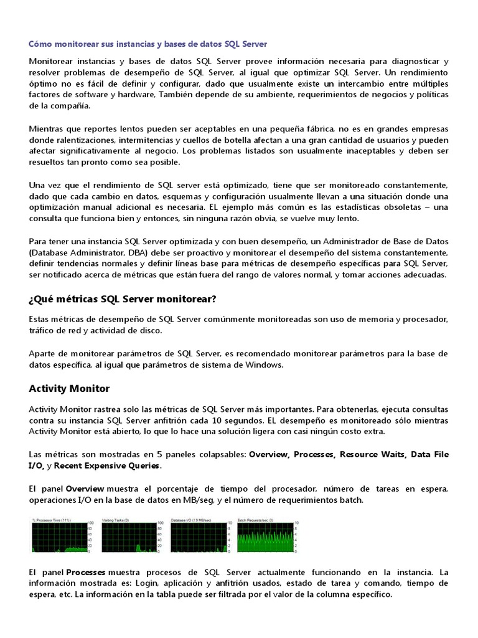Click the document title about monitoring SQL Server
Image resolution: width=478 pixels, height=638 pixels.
coord(148,44)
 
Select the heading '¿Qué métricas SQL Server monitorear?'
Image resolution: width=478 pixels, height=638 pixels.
coord(122,299)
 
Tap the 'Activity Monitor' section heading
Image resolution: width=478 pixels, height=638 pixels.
coord(69,388)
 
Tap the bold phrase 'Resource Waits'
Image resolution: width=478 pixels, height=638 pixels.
coord(372,454)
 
